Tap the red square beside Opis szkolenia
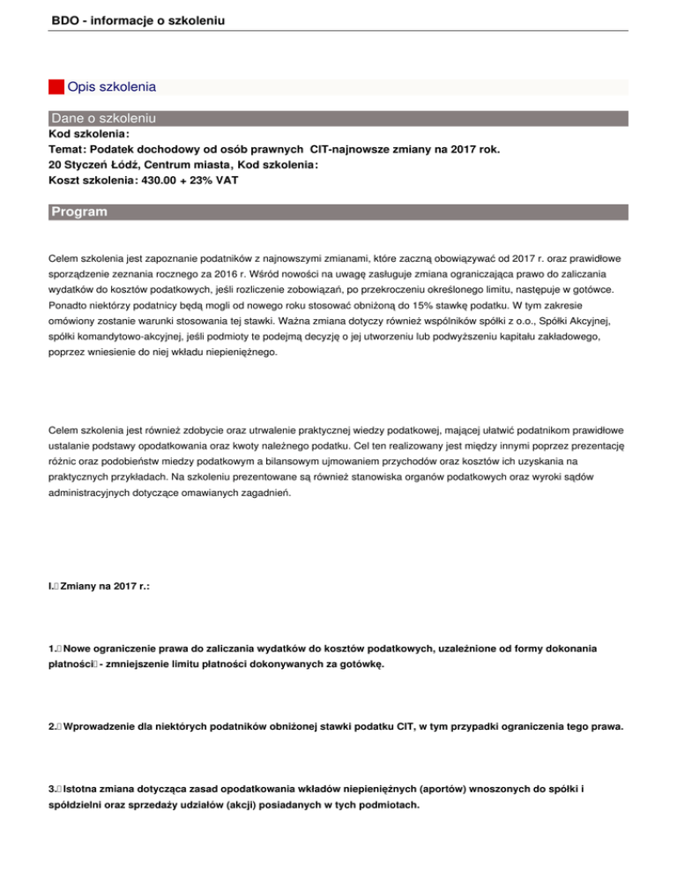(56, 87)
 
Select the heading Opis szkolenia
(112, 87)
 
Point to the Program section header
(79, 212)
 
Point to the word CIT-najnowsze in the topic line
(352, 150)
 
